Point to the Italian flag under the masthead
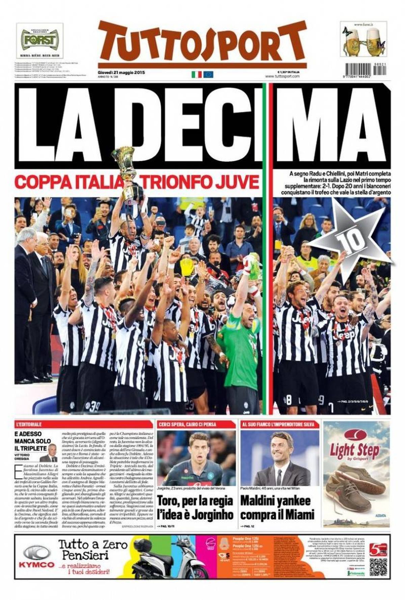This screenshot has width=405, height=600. coord(196,74)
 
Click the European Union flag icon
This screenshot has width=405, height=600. coord(208,74)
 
